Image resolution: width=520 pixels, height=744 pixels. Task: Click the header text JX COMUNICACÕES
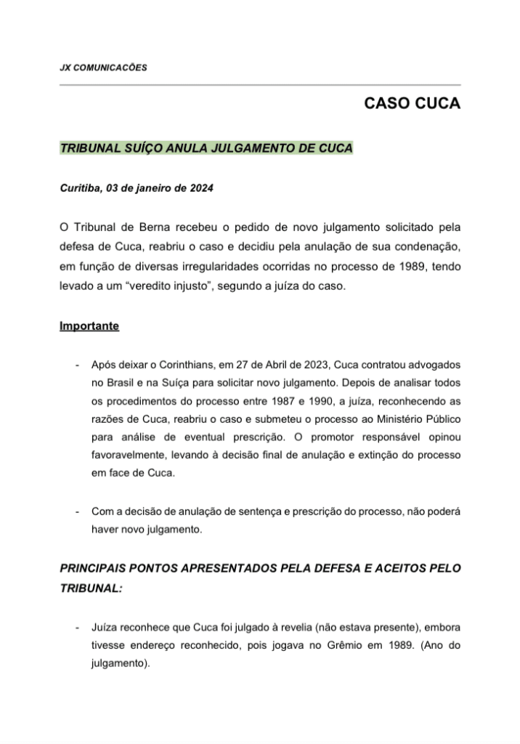pyautogui.click(x=104, y=68)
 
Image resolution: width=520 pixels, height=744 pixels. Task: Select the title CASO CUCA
pyautogui.click(x=412, y=104)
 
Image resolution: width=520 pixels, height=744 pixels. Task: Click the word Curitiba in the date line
pyautogui.click(x=81, y=187)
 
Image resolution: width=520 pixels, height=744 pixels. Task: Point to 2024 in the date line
pyautogui.click(x=200, y=187)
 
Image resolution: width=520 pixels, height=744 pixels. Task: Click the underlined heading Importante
pyautogui.click(x=89, y=326)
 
